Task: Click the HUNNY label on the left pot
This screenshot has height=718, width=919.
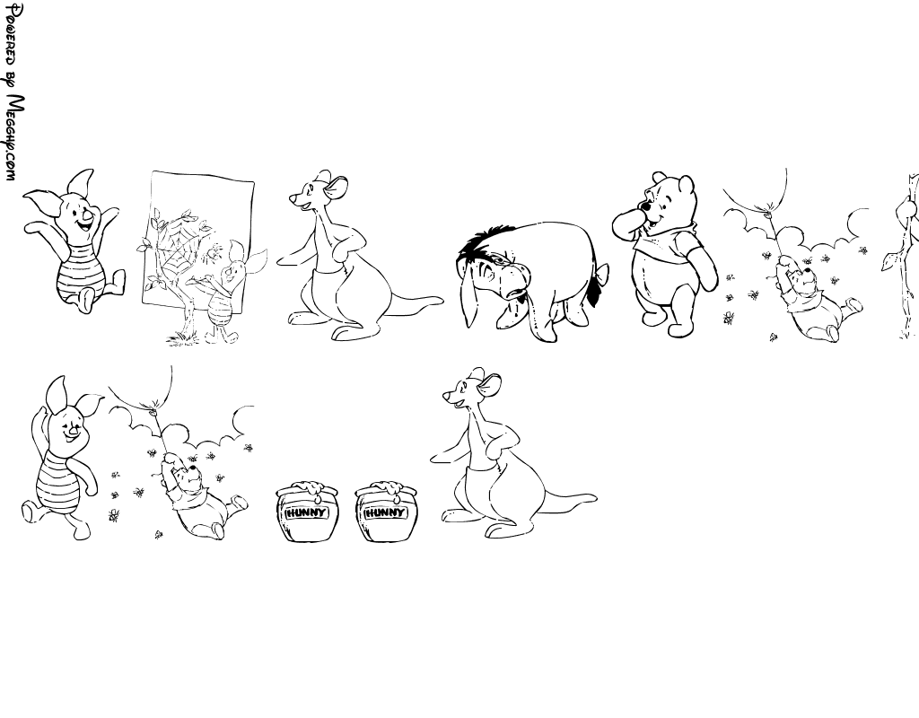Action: [305, 512]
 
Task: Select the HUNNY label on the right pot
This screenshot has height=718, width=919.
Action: [385, 512]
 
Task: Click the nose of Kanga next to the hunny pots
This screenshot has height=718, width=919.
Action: [445, 398]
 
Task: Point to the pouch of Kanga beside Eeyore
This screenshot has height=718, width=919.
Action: [332, 284]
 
